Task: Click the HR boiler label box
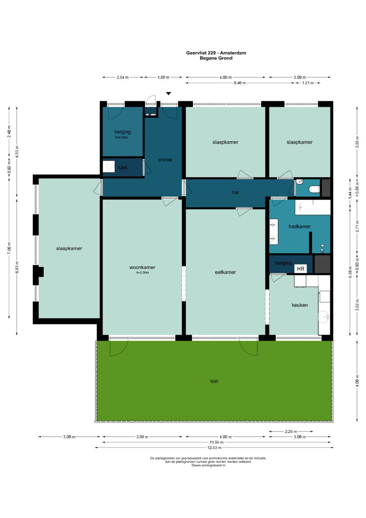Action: click(x=300, y=269)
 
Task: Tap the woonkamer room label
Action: click(x=142, y=267)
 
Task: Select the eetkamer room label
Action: click(x=225, y=272)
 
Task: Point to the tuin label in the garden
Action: click(x=214, y=381)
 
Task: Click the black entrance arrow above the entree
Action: click(x=169, y=93)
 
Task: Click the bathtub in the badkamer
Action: click(x=312, y=207)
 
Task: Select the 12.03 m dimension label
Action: click(x=214, y=447)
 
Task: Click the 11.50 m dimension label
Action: click(x=217, y=442)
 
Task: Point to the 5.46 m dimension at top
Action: click(x=240, y=83)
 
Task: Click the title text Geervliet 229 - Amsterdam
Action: click(x=216, y=53)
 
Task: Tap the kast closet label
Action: click(x=122, y=168)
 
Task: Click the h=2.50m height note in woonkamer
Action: click(x=143, y=272)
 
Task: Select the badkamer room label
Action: click(x=300, y=226)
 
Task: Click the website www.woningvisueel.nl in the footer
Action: click(x=208, y=465)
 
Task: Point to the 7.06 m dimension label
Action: click(x=9, y=248)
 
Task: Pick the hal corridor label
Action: click(x=235, y=192)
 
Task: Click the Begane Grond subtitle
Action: click(x=216, y=58)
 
